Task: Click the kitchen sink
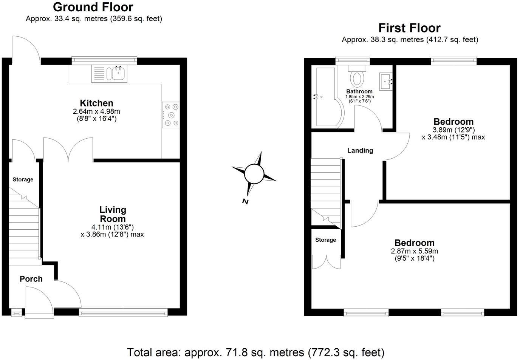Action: click(x=118, y=74)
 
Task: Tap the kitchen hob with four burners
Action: click(x=171, y=115)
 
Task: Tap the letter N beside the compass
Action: click(x=246, y=201)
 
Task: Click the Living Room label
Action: click(x=113, y=214)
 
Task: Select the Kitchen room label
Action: click(x=96, y=103)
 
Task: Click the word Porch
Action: click(x=31, y=279)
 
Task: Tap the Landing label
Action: click(x=360, y=150)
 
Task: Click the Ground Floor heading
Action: click(x=93, y=7)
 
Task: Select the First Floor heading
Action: click(x=409, y=28)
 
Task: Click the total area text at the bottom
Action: click(x=256, y=352)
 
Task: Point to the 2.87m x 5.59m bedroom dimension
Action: click(x=415, y=251)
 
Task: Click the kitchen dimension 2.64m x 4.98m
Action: click(x=96, y=111)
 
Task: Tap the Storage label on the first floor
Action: click(x=325, y=240)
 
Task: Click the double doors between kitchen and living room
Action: click(x=68, y=150)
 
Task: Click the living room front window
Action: click(x=123, y=312)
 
